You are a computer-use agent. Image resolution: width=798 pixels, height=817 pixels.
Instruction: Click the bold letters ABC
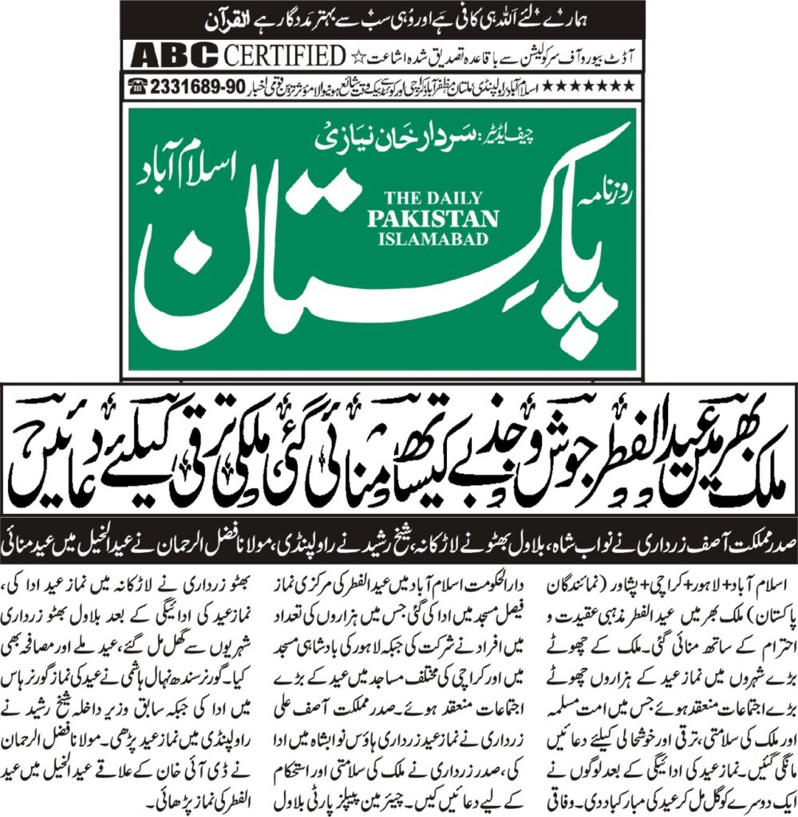175,57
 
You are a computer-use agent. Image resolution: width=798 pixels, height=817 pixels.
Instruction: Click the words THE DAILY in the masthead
433,197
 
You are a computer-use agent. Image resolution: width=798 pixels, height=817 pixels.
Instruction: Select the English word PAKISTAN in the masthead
433,219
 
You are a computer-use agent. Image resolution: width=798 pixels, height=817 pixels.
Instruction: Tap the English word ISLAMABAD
433,239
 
